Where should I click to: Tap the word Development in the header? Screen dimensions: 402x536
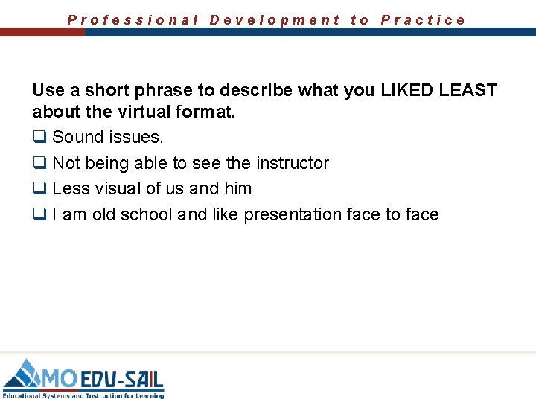(275, 20)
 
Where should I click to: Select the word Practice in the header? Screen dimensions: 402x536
(423, 20)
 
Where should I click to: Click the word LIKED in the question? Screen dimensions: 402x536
(407, 91)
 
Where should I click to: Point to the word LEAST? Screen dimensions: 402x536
(468, 91)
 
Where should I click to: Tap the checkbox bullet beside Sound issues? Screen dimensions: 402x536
(39, 138)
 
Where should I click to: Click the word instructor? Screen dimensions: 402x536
(293, 163)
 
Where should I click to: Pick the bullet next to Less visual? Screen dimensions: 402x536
(39, 189)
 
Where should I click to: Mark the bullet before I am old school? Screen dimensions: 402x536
(39, 215)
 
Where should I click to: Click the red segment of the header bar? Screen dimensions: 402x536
(42, 33)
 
